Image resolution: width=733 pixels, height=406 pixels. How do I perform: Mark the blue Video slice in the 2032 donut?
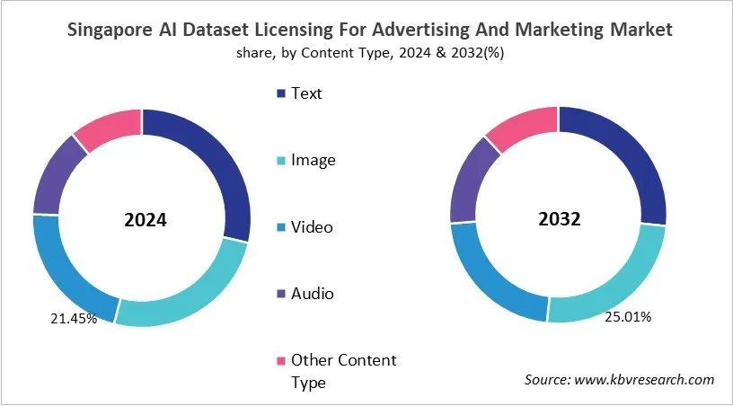pos(490,273)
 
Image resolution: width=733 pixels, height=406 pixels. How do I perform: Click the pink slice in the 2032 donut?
pos(522,127)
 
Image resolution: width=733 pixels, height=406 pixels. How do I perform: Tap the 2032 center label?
pos(558,217)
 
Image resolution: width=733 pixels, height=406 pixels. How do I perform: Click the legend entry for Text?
pos(305,93)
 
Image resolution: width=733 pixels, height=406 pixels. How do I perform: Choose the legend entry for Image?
pos(312,160)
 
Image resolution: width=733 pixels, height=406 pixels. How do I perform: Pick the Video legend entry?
pos(311,226)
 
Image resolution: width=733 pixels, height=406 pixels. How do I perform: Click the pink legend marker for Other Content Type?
pos(282,360)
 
